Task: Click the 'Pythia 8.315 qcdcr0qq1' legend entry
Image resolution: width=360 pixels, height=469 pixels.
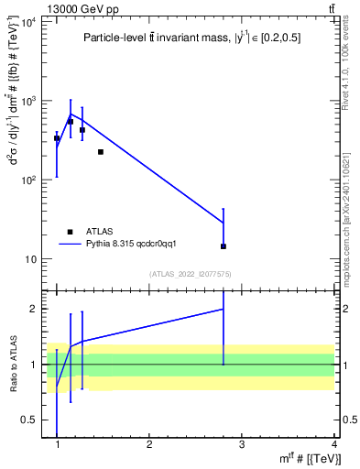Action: coord(124,245)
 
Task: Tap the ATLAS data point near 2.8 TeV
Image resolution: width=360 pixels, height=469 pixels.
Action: coord(224,246)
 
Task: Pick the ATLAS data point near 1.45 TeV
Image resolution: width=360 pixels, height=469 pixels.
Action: coord(100,152)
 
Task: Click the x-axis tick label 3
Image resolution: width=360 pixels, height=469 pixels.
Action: coord(242,445)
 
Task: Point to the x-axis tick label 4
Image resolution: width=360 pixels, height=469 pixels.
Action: coord(333,445)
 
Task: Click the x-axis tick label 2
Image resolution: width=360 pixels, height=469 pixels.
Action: coord(149,445)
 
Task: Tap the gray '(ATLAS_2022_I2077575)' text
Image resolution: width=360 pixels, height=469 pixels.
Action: coord(190,273)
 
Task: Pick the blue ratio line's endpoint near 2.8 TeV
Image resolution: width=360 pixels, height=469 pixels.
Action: coord(224,310)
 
